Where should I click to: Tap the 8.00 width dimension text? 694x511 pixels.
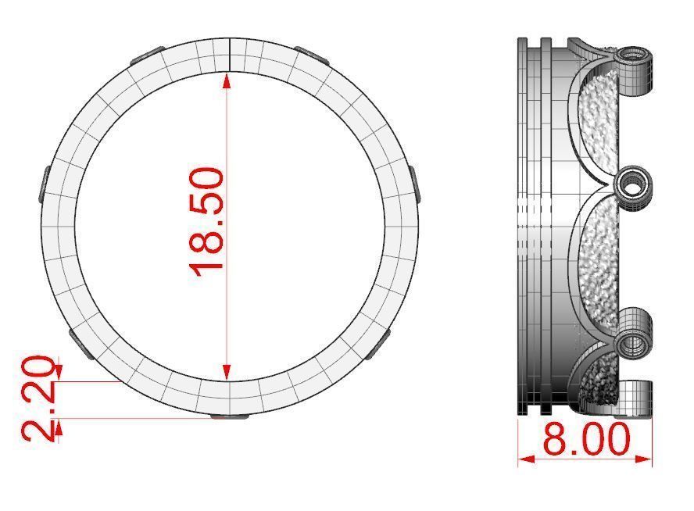pyautogui.click(x=586, y=441)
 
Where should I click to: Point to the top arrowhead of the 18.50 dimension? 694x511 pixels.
pyautogui.click(x=227, y=78)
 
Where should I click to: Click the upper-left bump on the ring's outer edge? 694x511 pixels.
pyautogui.click(x=146, y=55)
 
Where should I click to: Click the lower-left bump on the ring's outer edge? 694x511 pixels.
pyautogui.click(x=81, y=343)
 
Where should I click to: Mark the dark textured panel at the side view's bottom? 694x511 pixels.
pyautogui.click(x=600, y=383)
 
